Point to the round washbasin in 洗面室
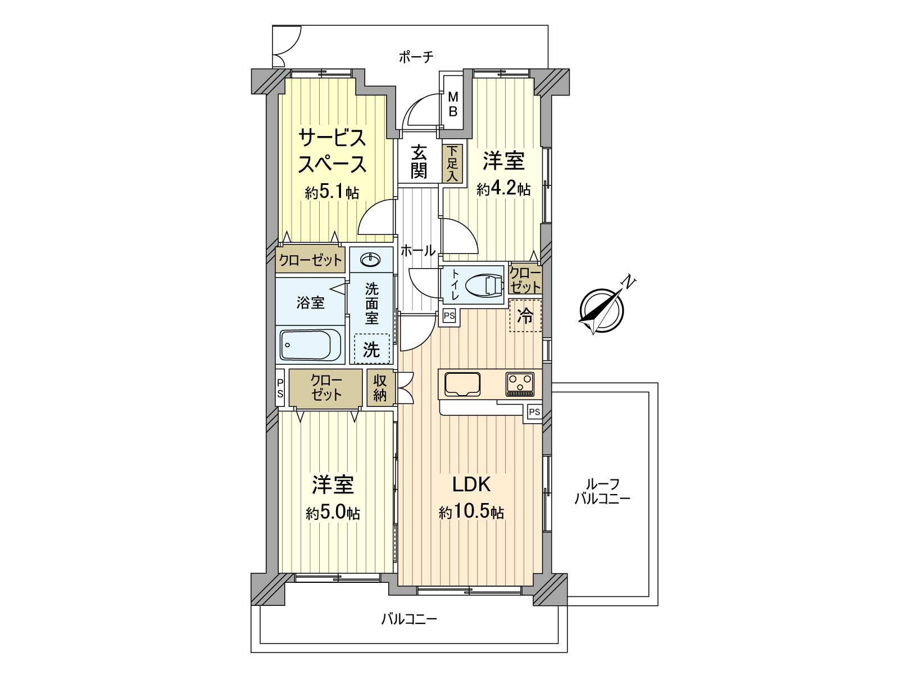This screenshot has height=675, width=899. click(371, 259)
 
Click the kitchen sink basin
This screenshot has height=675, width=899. click(462, 384)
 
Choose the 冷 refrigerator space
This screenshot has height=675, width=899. click(525, 316)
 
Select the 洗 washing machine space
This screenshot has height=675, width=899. click(371, 349)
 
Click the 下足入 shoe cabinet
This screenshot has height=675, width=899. click(452, 164)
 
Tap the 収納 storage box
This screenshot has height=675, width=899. click(380, 387)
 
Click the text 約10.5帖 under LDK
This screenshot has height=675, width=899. click(471, 512)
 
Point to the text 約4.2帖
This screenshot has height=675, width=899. click(503, 189)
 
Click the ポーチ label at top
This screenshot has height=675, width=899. click(416, 56)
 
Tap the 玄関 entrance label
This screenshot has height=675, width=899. click(419, 161)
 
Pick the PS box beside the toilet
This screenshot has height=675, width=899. click(449, 316)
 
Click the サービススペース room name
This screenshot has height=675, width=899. click(332, 151)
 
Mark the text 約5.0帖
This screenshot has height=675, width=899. click(333, 513)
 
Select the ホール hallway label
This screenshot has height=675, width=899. click(417, 251)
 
